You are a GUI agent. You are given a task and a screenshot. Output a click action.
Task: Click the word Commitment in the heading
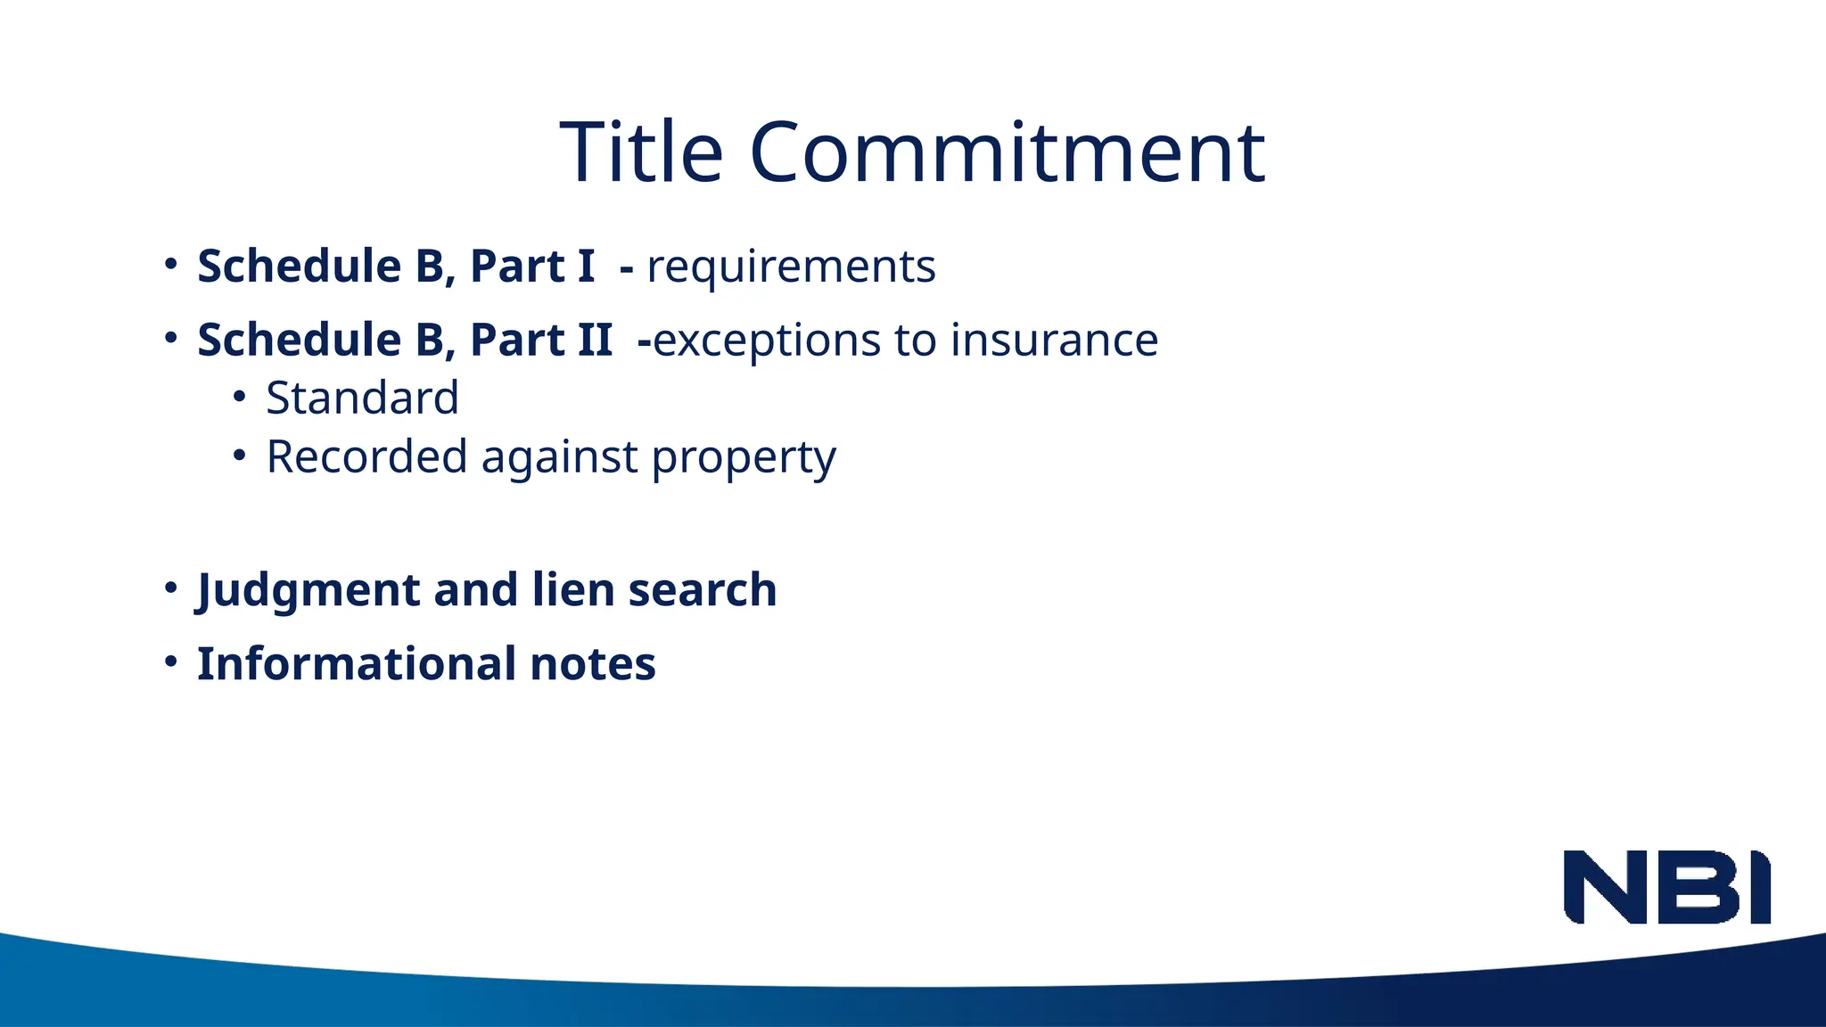point(1007,152)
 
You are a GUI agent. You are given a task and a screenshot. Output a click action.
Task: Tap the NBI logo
point(1666,887)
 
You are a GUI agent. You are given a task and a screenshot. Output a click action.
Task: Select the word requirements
point(791,267)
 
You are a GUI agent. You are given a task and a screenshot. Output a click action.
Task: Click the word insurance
point(1054,341)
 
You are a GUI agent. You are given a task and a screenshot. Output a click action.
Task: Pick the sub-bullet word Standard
point(362,398)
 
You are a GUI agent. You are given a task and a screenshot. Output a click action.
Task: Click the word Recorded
point(366,456)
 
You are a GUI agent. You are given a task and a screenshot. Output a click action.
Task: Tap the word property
point(744,458)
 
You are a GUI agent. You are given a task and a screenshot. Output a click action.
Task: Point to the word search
point(703,590)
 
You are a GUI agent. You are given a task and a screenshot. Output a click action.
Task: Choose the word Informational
point(357,664)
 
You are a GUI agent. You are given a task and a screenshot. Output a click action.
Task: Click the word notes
point(593,665)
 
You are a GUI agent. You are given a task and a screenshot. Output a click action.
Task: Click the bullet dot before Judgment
point(171,588)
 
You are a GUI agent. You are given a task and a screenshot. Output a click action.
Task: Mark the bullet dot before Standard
point(239,397)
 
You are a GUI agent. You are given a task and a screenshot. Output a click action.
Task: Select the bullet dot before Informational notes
point(171,662)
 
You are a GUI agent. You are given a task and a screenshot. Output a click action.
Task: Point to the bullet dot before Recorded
point(239,456)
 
